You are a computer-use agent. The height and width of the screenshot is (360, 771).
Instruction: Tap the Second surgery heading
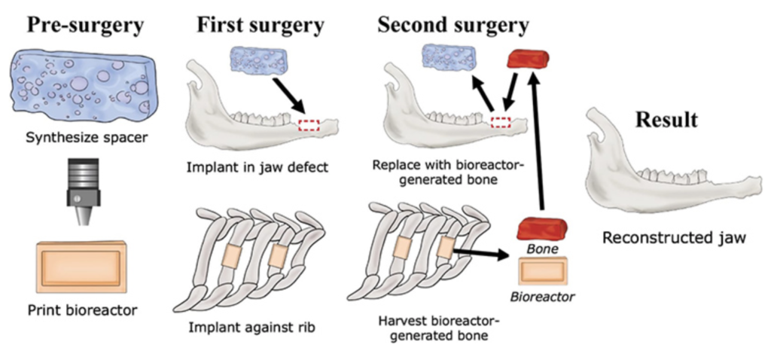pos(453,24)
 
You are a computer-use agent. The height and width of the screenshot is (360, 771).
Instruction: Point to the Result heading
pos(666,120)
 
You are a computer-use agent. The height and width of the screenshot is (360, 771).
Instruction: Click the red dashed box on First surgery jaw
pos(309,125)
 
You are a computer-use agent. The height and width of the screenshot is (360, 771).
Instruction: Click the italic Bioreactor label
pos(542,297)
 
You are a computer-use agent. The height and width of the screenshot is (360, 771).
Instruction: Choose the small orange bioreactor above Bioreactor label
pos(542,270)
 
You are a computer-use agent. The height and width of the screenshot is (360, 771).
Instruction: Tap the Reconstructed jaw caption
pos(674,238)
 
